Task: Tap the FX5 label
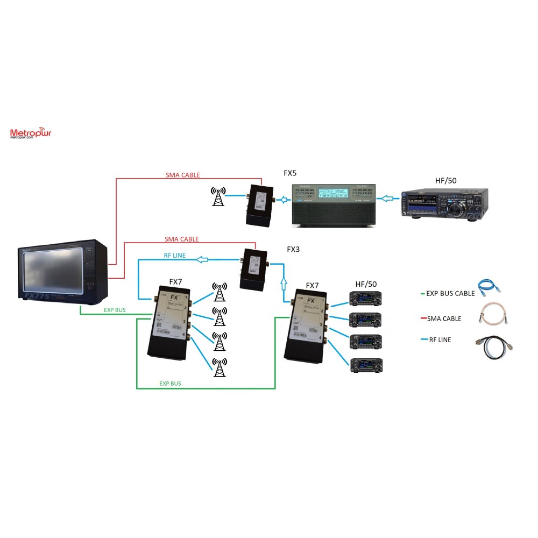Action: tap(291, 173)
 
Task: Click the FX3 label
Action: tap(293, 250)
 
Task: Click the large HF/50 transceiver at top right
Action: tap(445, 204)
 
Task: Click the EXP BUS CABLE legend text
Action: tap(451, 293)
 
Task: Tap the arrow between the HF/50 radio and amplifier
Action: tap(389, 199)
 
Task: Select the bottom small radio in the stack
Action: tap(366, 365)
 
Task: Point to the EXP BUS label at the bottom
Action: tap(170, 384)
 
